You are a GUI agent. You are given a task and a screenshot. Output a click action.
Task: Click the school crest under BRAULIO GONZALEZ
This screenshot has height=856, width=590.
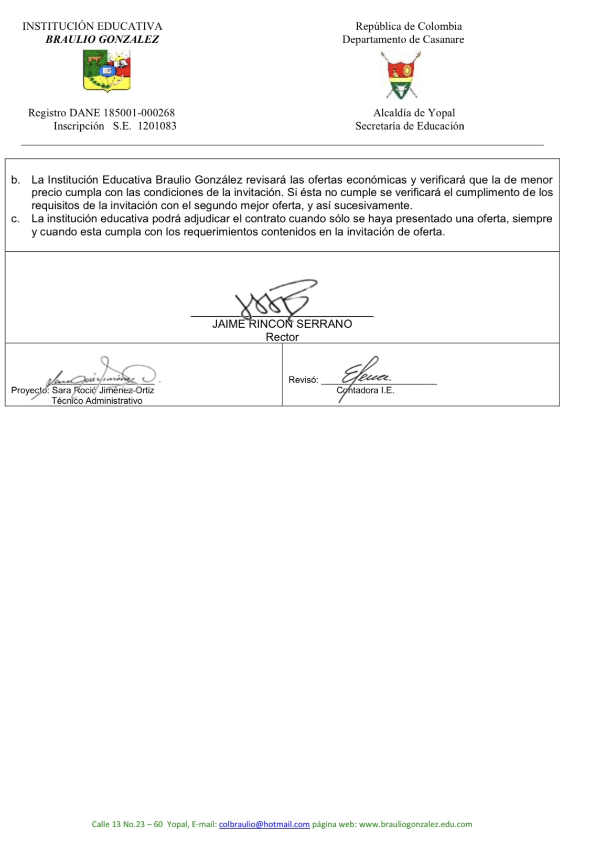106,71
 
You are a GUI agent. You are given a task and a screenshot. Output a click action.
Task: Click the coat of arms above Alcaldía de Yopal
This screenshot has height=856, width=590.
401,75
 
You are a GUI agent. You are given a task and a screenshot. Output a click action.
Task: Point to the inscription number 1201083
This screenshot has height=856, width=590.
157,126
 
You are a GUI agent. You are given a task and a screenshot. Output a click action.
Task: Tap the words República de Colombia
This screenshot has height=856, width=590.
409,26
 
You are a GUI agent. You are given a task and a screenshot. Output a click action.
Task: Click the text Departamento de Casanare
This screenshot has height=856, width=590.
403,39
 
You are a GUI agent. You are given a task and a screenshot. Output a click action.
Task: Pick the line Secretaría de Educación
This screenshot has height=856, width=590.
409,126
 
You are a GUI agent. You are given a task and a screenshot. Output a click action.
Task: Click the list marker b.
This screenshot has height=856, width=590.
15,180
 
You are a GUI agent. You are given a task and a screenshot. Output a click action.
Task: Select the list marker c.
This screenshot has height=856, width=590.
15,219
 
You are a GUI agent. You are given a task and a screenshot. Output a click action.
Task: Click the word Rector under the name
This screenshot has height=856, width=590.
282,337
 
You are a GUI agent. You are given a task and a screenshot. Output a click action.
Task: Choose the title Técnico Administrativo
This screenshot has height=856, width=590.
97,401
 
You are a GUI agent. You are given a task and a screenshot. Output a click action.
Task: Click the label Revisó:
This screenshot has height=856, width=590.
303,380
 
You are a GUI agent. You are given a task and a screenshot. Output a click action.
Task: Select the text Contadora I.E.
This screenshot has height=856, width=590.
365,390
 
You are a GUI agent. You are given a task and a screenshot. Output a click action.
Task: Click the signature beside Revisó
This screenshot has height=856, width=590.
365,374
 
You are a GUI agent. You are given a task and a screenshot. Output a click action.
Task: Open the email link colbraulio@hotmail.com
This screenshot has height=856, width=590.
264,824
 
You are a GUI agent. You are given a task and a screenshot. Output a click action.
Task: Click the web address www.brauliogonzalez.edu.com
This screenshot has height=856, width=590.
415,824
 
